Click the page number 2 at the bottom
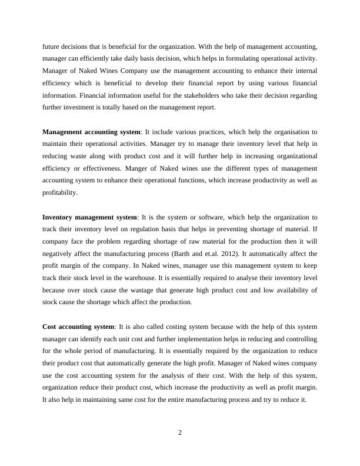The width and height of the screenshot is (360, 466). pos(180,433)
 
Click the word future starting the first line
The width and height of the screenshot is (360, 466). pos(51,45)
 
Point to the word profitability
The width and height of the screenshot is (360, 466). pos(59,192)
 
